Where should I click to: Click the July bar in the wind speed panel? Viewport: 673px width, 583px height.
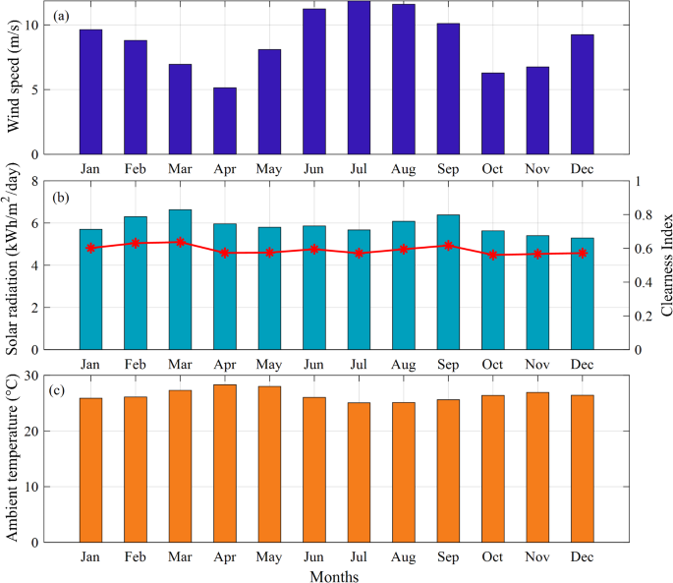point(359,78)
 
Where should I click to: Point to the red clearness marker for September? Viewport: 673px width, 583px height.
point(448,245)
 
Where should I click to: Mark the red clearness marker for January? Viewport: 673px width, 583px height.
point(91,248)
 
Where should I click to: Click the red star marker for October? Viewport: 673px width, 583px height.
point(493,255)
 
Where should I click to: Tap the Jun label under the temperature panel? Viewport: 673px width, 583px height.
point(314,556)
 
